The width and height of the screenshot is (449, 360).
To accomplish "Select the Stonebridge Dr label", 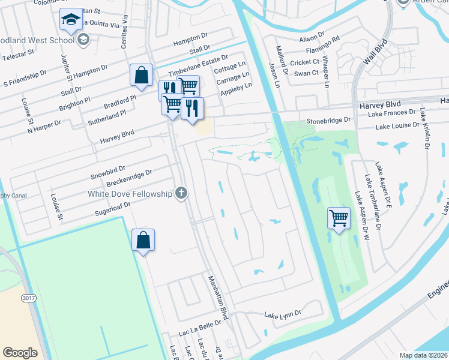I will pos(328,120).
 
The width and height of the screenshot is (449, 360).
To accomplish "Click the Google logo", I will pos(20,353).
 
